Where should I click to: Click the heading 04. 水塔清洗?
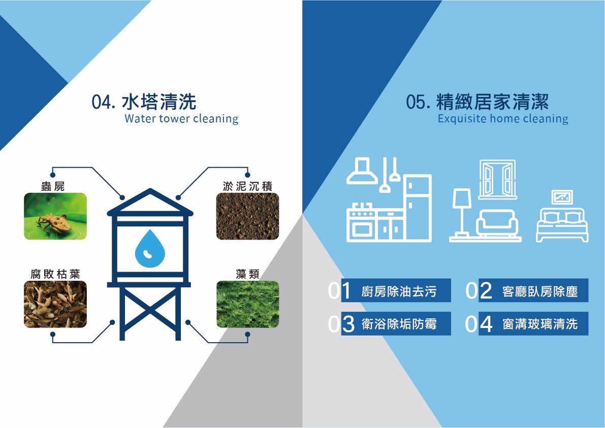144,102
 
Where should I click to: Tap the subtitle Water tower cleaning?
181,118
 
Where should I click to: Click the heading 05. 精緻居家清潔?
477,102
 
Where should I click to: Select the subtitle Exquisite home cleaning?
503,118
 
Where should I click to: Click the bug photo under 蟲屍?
55,216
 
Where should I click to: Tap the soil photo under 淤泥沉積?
247,216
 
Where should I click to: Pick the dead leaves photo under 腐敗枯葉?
55,304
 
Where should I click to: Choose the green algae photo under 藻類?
247,304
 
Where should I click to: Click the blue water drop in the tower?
150,249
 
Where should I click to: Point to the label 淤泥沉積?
247,186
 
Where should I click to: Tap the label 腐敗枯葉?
55,274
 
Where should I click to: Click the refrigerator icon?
418,208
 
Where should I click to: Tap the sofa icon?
497,223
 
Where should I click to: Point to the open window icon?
497,179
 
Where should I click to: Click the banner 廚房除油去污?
396,290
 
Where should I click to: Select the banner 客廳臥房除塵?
533,290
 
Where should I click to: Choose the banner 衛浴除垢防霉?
396,323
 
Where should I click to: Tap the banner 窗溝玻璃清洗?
533,323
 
